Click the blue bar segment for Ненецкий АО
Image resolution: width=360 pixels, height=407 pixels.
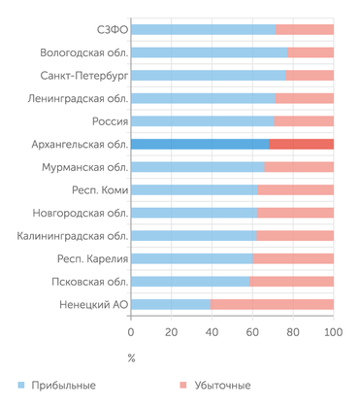pyautogui.click(x=171, y=304)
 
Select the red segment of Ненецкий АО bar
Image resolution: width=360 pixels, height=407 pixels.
pyautogui.click(x=273, y=304)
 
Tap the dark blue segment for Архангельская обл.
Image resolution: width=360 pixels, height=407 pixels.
pyautogui.click(x=199, y=144)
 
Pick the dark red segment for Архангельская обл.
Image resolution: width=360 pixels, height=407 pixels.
pyautogui.click(x=301, y=144)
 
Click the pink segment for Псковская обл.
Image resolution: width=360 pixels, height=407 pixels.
pyautogui.click(x=292, y=281)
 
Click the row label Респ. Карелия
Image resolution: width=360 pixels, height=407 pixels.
pyautogui.click(x=84, y=258)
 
